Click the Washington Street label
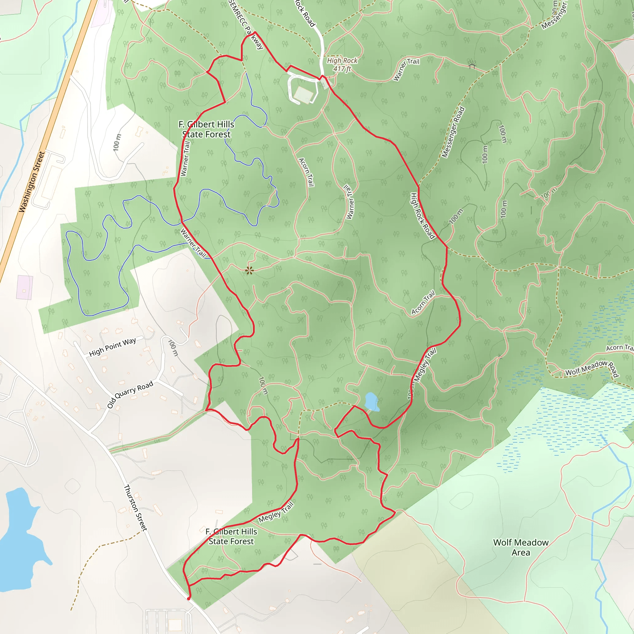coord(32,182)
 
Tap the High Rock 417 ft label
coord(342,65)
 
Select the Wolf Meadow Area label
coord(521,547)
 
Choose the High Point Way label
coord(112,347)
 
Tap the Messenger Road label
coord(453,132)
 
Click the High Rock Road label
coord(422,215)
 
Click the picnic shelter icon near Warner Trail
coord(472,66)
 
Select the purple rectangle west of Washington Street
coord(25,287)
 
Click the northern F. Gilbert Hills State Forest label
coord(206,129)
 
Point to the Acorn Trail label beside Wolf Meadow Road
coord(619,348)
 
